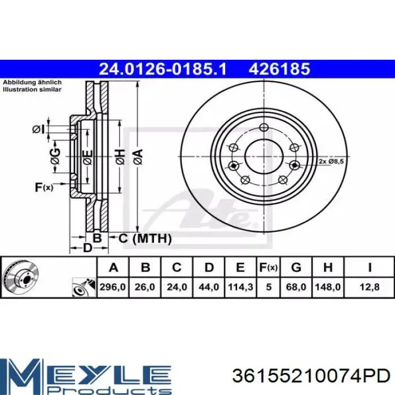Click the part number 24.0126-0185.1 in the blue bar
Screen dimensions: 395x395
click(163, 69)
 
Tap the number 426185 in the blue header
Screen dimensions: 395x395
click(279, 69)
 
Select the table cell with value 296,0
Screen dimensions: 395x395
click(113, 287)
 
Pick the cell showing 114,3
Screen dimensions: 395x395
click(240, 287)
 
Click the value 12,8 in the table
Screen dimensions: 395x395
click(369, 287)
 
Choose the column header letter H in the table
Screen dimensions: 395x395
click(328, 267)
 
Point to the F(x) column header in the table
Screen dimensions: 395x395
click(268, 267)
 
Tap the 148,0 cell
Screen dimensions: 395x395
click(328, 287)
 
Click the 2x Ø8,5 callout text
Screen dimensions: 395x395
click(331, 161)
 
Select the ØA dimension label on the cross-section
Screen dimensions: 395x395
click(138, 157)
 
